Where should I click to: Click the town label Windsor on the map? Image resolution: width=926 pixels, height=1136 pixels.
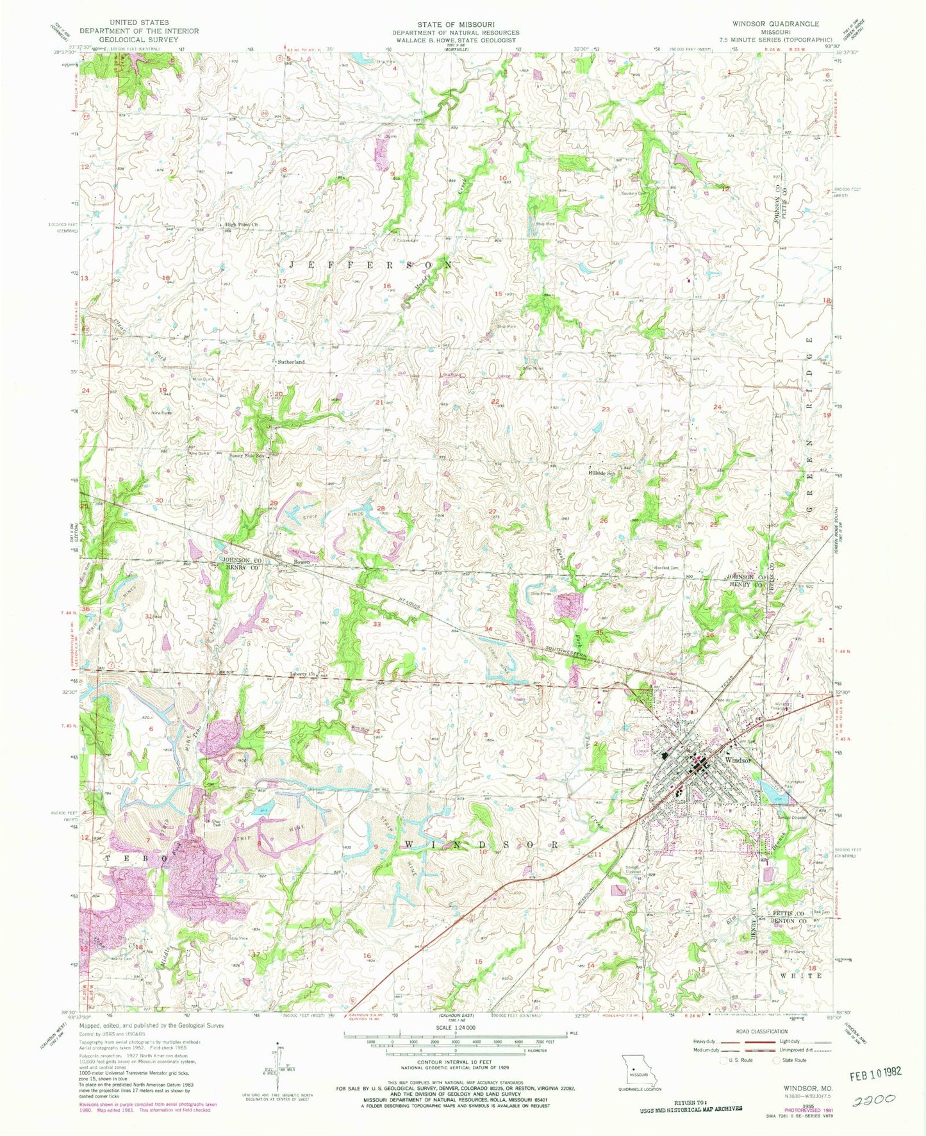[x=737, y=760]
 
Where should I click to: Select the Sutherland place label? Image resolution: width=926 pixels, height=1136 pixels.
[x=291, y=362]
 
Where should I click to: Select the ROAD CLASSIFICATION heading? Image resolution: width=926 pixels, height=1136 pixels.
[x=762, y=1032]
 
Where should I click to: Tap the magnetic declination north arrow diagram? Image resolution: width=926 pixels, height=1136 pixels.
[x=279, y=1071]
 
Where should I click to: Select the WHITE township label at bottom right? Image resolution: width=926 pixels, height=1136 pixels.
[x=802, y=976]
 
